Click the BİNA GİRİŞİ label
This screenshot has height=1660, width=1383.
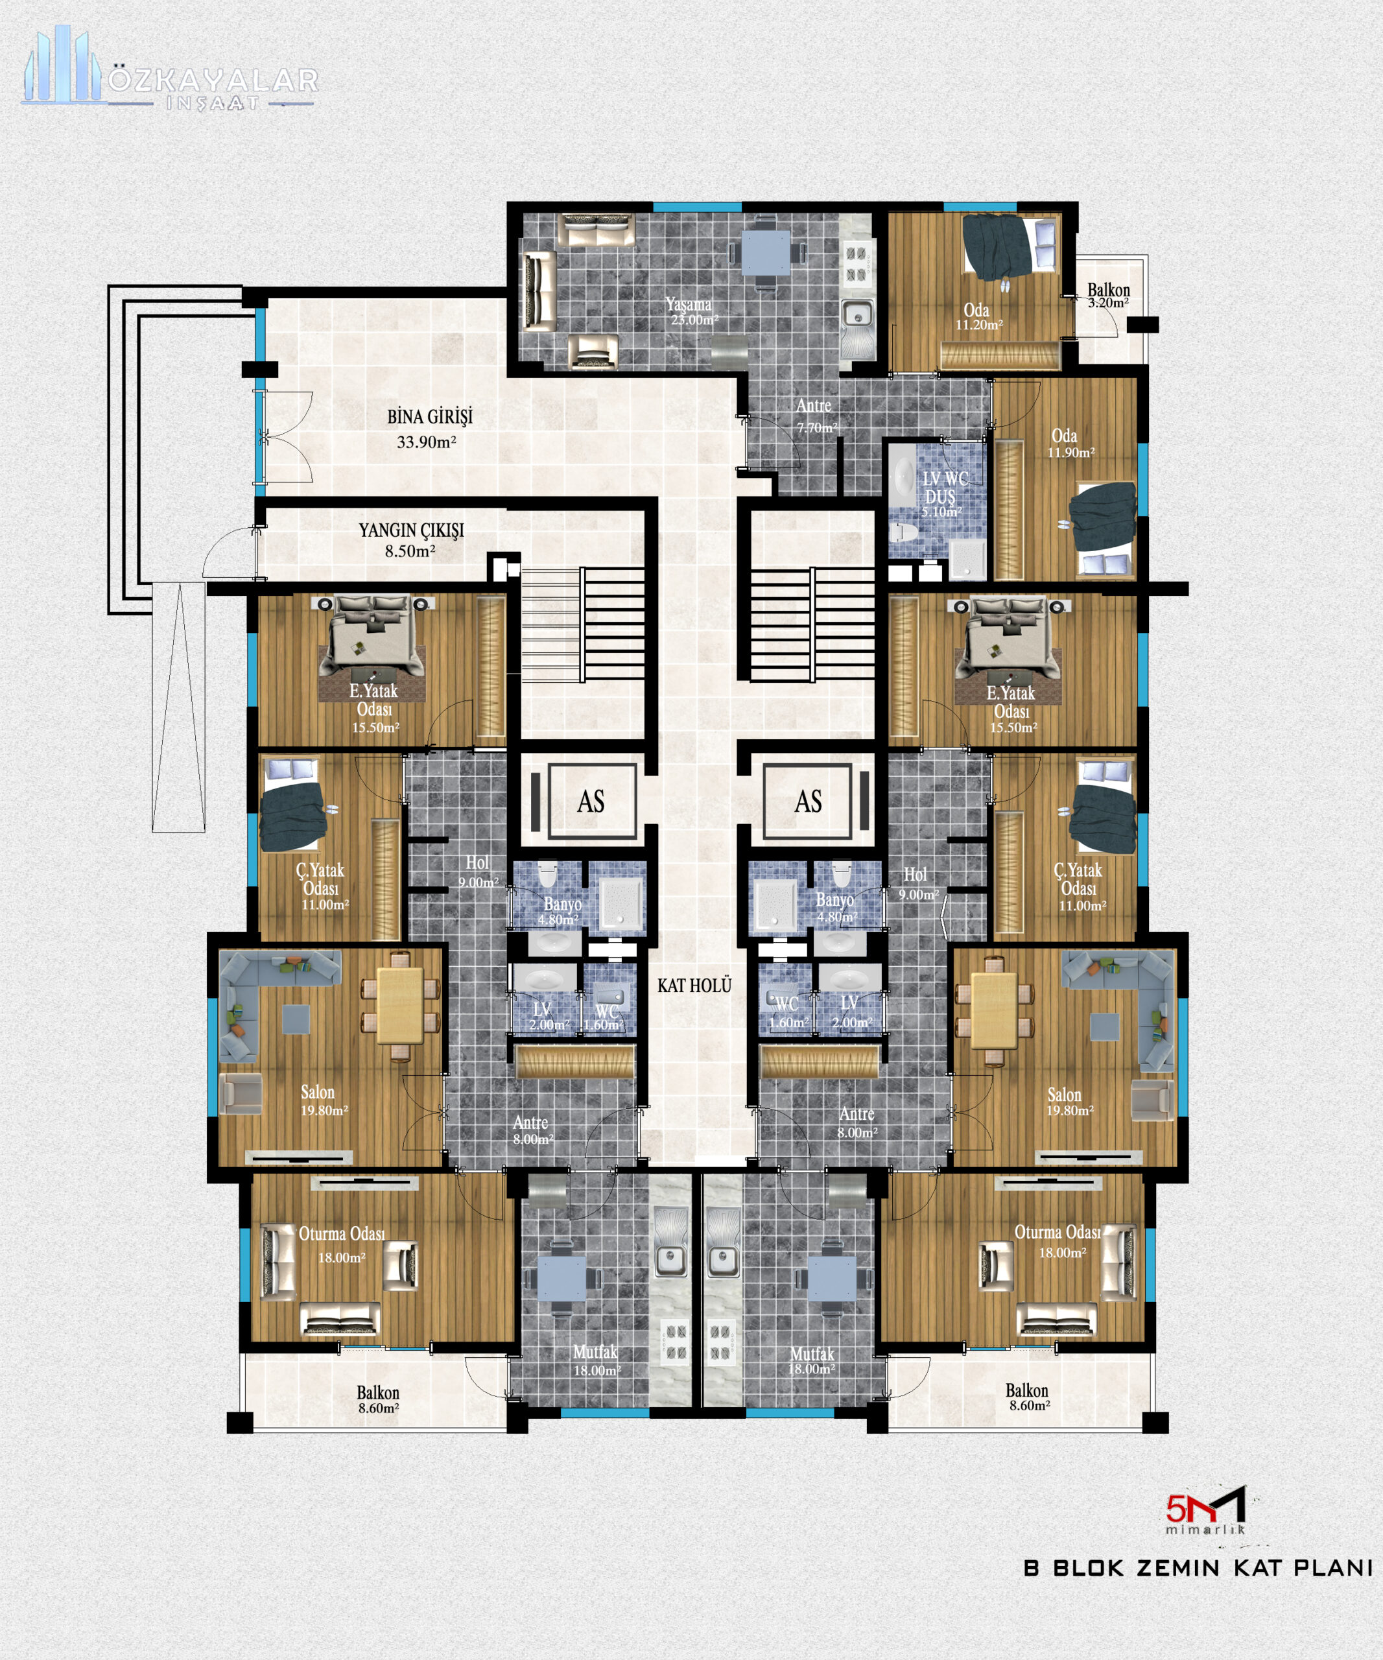(430, 416)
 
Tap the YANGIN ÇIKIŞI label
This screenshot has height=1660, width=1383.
(411, 530)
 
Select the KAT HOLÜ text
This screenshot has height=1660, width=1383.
(694, 986)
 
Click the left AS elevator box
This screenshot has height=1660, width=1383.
(592, 801)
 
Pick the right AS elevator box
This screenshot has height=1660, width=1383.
(808, 801)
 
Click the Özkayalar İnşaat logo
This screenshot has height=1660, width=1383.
(170, 69)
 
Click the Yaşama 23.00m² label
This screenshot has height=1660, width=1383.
(691, 311)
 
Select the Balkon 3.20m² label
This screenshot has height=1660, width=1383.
(1108, 296)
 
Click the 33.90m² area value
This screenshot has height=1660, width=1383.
(426, 442)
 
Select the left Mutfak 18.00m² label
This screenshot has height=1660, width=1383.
(596, 1360)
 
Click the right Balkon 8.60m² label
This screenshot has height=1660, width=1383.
(1028, 1397)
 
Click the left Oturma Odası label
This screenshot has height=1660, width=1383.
(342, 1234)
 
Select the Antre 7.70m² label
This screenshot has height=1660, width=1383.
(815, 416)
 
